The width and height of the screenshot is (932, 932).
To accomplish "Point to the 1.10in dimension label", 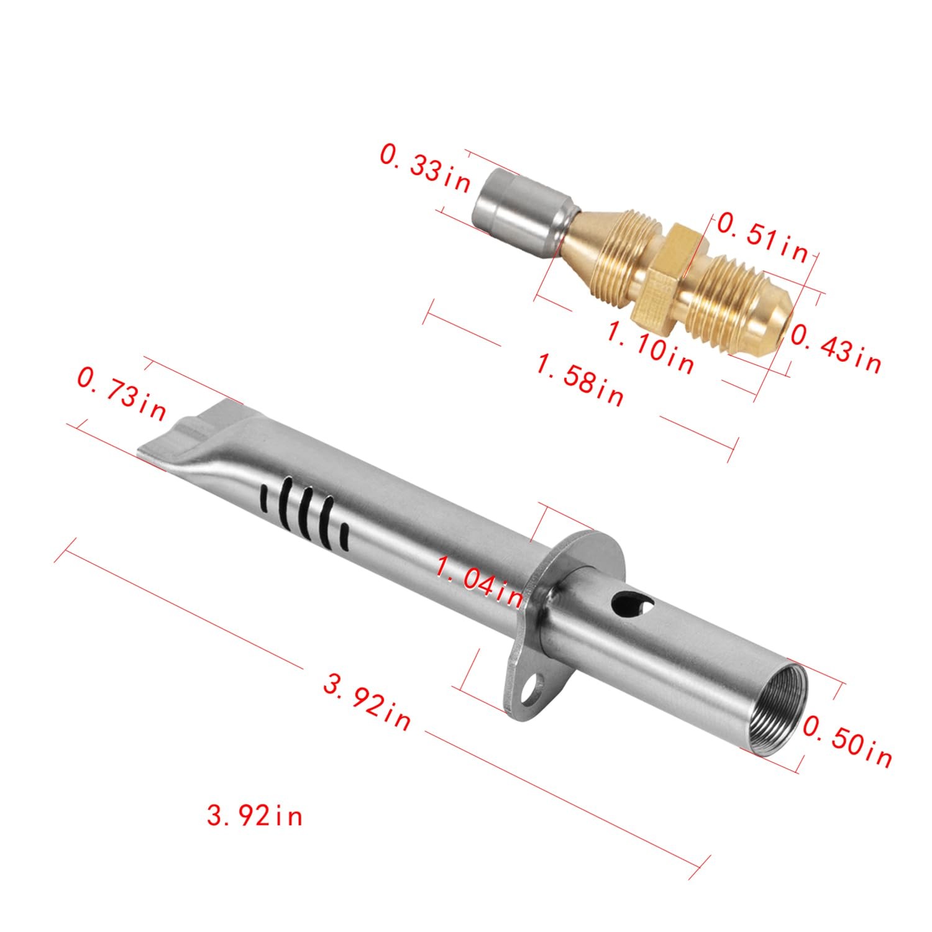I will [x=650, y=349].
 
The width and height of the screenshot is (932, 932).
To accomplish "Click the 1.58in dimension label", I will [x=580, y=379].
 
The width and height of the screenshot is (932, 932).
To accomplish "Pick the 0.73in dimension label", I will [x=121, y=393].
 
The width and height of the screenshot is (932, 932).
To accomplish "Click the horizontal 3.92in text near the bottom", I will [x=255, y=815].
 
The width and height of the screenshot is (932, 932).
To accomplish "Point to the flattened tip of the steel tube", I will [x=180, y=435].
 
